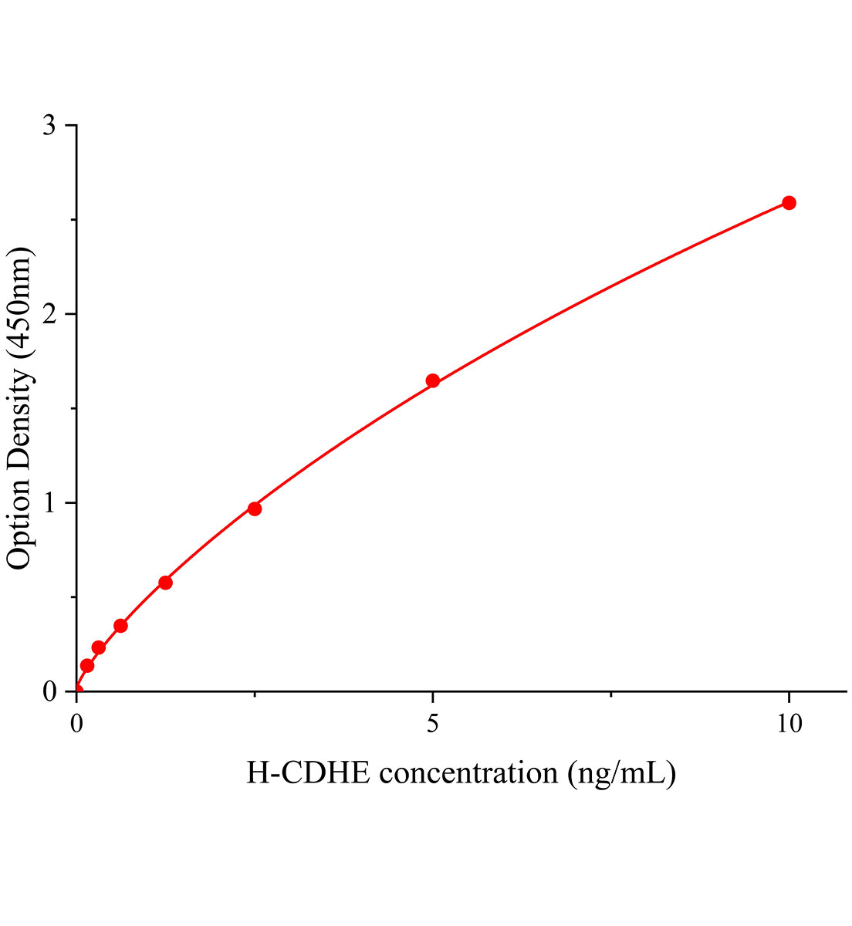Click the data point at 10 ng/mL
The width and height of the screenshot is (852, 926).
pos(789,203)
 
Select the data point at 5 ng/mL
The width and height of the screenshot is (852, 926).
pos(433,380)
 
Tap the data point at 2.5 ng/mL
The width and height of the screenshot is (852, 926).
pos(255,509)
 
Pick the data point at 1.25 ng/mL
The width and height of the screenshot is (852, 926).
pos(165,583)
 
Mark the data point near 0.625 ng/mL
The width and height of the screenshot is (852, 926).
pos(120,626)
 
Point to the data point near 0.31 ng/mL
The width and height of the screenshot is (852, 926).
pos(99,647)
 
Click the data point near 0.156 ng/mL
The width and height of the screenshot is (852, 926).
pos(87,665)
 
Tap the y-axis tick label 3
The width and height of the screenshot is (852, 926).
pos(49,126)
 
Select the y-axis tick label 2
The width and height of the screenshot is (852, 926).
pos(49,314)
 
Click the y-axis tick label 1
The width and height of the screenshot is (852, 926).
pos(49,503)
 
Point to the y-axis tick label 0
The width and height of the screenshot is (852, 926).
pos(49,691)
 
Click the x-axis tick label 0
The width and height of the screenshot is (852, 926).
pos(76,724)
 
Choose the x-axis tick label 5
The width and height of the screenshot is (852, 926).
pos(433,724)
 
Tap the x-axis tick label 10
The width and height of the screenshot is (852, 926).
pos(789,724)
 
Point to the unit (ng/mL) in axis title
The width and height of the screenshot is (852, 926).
pos(622,772)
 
